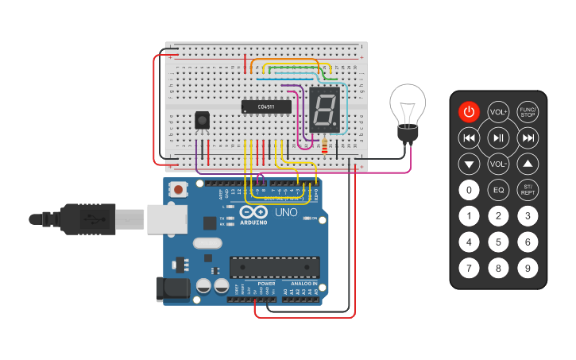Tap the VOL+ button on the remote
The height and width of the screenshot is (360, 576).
tap(498, 112)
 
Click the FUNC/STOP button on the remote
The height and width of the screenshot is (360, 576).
tap(528, 111)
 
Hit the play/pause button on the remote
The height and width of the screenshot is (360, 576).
tap(498, 138)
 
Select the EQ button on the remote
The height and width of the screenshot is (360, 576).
tap(498, 190)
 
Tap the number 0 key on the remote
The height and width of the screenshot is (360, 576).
tap(470, 190)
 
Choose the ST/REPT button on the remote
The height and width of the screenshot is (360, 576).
tap(528, 190)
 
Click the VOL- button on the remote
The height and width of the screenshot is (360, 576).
tap(498, 165)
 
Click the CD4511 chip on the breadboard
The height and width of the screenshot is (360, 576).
tap(267, 106)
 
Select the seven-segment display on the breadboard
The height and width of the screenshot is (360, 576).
tap(323, 110)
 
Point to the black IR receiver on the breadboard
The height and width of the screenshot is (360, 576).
tap(203, 121)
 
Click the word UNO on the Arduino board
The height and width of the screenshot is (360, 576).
tap(285, 214)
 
